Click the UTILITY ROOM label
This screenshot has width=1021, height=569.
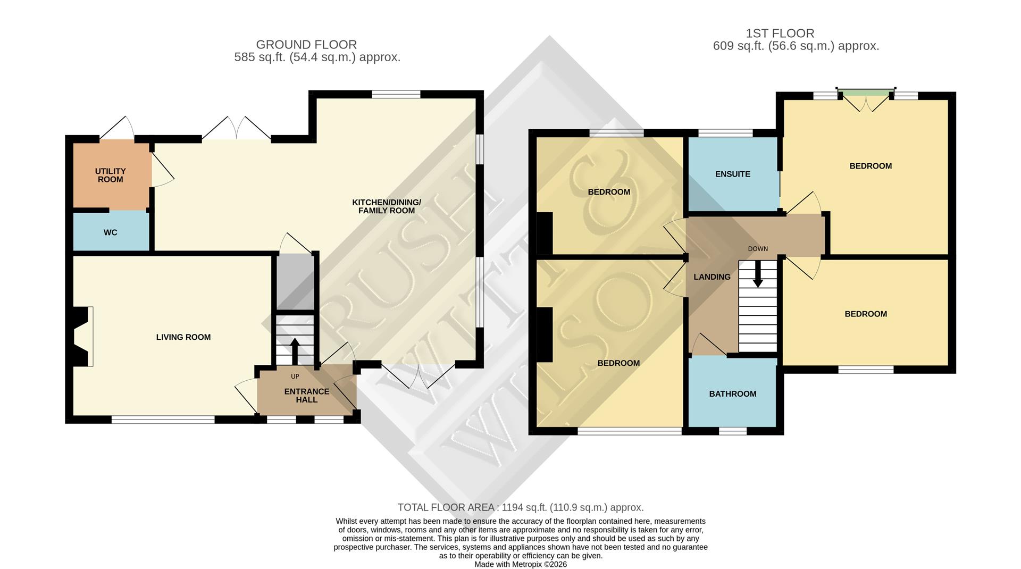[x=110, y=175]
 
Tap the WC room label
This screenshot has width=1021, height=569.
[x=111, y=232]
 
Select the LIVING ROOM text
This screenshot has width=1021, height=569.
[x=183, y=337]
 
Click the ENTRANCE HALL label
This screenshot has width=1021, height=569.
[x=307, y=395]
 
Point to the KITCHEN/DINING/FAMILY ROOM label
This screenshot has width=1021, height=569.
[x=386, y=206]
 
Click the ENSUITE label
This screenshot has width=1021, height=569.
[x=732, y=174]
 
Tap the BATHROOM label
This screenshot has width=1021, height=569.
[x=732, y=394]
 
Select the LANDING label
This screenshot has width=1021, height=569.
[x=712, y=277]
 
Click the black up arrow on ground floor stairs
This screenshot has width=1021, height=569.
[x=295, y=350]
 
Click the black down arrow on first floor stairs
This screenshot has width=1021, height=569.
[x=758, y=274]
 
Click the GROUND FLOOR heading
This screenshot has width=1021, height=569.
[x=306, y=45]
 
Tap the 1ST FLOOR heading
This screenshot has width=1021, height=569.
[x=780, y=33]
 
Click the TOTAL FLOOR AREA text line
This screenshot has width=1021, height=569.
[x=521, y=507]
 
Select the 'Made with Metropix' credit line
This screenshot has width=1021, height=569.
[x=521, y=564]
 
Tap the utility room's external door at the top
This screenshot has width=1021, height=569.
[x=116, y=129]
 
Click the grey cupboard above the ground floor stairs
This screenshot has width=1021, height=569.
[x=294, y=282]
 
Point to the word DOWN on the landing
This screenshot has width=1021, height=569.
[x=758, y=249]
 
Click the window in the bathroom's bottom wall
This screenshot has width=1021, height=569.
[x=733, y=431]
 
